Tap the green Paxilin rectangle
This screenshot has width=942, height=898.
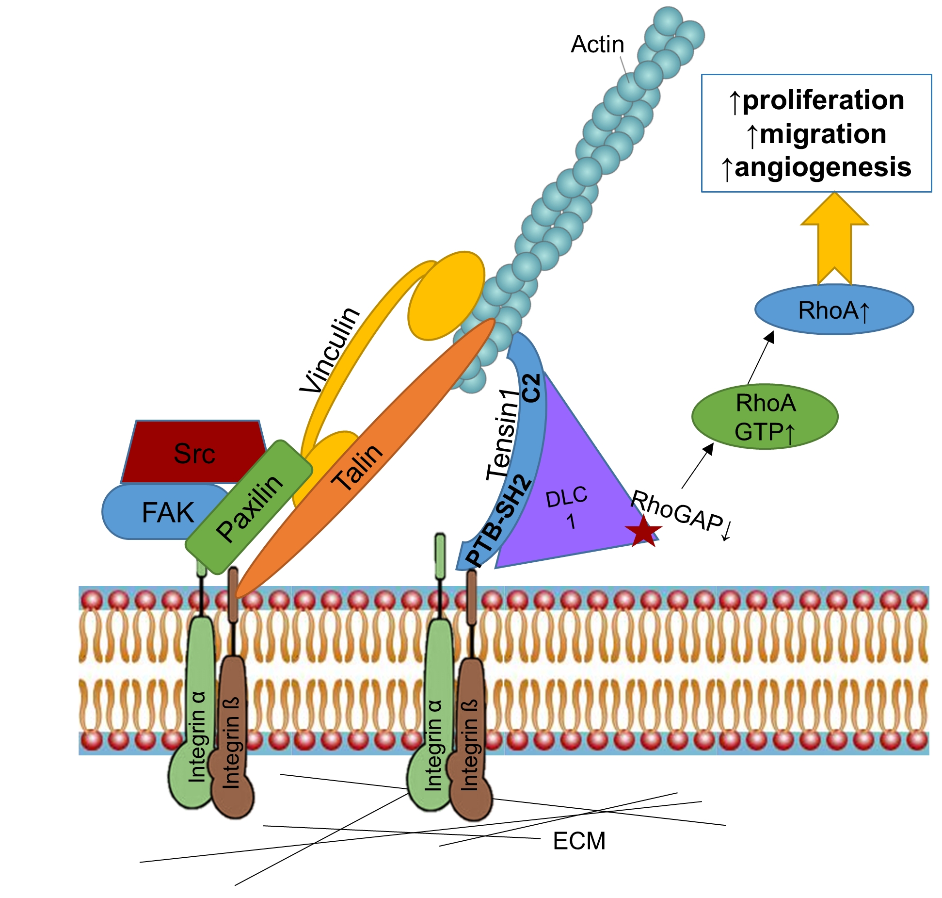click(249, 507)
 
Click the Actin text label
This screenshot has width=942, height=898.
click(597, 45)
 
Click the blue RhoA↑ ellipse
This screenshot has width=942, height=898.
click(833, 310)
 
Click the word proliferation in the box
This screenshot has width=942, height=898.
click(823, 100)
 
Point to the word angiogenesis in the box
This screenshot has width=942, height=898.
click(823, 167)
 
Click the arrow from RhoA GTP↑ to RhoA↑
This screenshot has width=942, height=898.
click(760, 358)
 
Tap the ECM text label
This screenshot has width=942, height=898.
click(579, 841)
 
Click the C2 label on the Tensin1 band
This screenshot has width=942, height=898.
click(532, 388)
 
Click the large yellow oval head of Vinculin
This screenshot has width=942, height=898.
click(446, 296)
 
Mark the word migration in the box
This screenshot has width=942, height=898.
click(823, 134)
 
